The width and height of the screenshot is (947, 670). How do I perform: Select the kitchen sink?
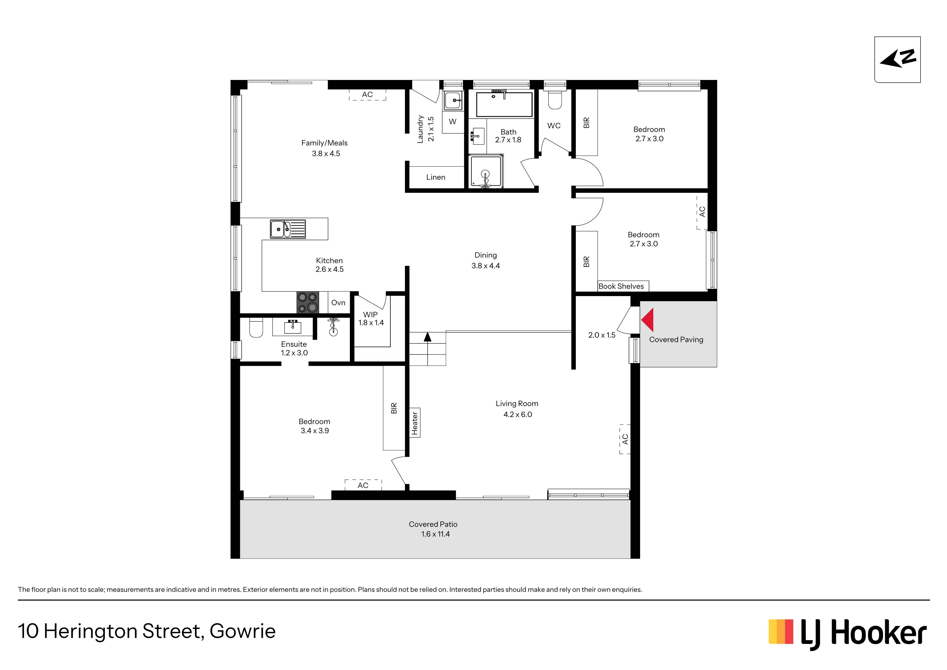(x=288, y=229)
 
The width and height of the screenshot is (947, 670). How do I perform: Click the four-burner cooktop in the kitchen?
(x=308, y=302)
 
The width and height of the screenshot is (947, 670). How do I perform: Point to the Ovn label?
(x=338, y=303)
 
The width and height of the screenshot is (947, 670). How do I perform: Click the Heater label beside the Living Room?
(x=415, y=423)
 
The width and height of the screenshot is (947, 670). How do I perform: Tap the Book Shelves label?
(x=621, y=286)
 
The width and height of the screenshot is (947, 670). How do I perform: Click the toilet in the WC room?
(x=555, y=99)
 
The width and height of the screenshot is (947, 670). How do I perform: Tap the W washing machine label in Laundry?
(x=452, y=121)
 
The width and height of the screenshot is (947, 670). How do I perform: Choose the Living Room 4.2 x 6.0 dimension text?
(x=518, y=414)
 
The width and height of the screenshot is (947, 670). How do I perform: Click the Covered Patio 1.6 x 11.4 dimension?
(x=435, y=534)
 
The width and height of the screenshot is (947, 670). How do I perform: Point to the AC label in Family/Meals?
(x=367, y=95)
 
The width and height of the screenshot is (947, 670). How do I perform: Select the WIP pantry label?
(x=370, y=314)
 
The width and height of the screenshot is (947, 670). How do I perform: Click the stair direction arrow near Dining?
(x=428, y=337)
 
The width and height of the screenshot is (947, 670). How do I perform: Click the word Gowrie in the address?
(x=242, y=631)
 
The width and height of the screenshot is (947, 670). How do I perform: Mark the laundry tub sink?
(x=453, y=100)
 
